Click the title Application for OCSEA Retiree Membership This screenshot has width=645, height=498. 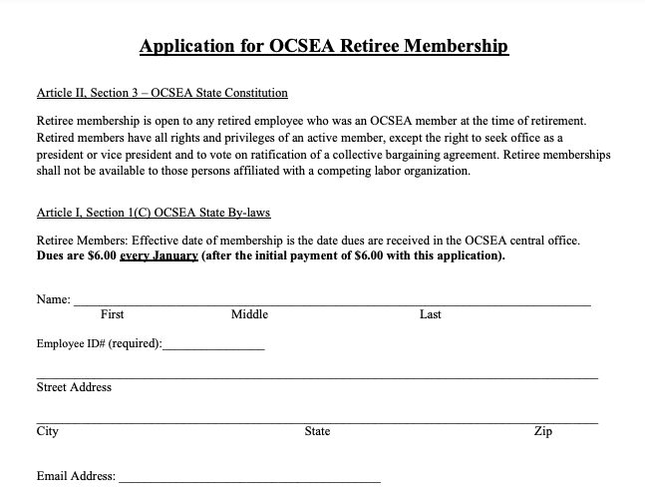click(x=323, y=47)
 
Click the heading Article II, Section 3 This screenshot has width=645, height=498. click(x=161, y=93)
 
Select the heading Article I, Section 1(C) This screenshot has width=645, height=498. click(x=153, y=213)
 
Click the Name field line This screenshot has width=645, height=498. click(x=331, y=301)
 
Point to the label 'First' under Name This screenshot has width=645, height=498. click(x=113, y=314)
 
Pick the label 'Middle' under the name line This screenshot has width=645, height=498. click(x=249, y=314)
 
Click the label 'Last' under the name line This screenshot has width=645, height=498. click(x=431, y=314)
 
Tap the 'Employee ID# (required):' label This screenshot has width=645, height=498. click(x=99, y=344)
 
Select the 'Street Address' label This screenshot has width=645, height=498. click(x=74, y=387)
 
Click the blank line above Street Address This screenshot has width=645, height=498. click(x=317, y=377)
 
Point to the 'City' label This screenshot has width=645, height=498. click(x=47, y=432)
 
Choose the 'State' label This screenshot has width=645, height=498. click(x=317, y=432)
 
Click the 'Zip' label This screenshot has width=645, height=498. click(x=542, y=432)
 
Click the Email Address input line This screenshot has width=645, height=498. click(x=249, y=481)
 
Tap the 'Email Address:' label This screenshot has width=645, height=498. click(x=76, y=477)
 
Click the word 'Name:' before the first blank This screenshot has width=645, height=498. click(x=54, y=299)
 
